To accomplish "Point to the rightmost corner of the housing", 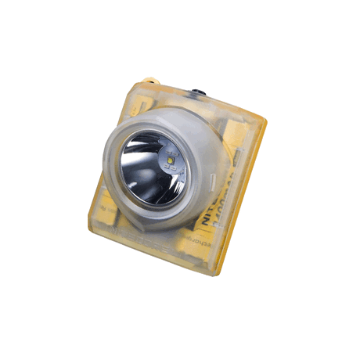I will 266,124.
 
